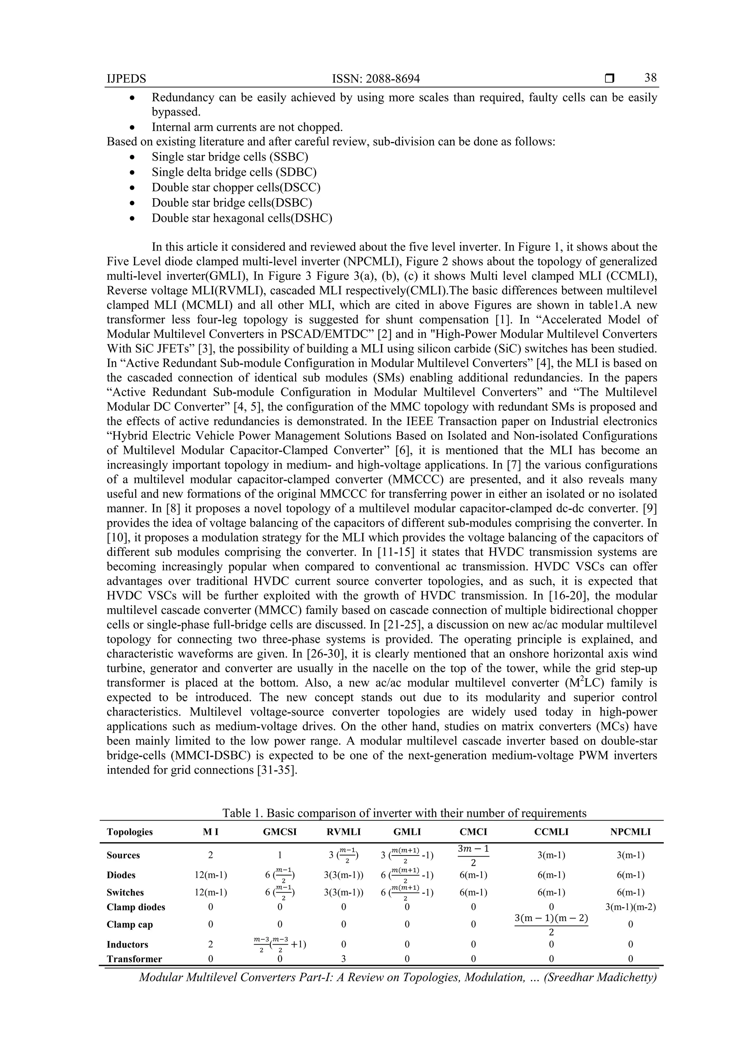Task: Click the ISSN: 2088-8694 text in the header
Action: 376,79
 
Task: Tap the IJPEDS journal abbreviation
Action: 126,79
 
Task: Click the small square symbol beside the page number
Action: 609,79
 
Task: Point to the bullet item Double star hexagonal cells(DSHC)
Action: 242,218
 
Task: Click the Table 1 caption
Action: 404,813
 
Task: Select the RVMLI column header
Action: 344,832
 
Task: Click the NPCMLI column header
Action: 630,832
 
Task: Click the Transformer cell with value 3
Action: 344,959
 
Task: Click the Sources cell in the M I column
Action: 211,855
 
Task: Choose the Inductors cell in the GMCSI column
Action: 279,944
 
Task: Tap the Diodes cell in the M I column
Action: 211,875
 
